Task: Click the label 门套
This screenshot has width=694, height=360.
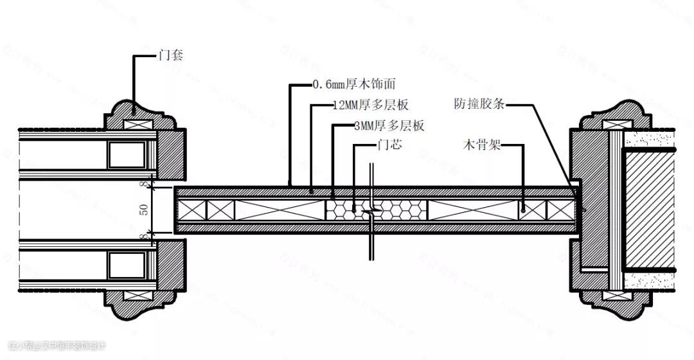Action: [171, 55]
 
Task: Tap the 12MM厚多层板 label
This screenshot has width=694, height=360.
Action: [371, 104]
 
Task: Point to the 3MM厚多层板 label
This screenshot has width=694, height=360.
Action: [389, 126]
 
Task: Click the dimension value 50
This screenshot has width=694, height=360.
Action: [145, 210]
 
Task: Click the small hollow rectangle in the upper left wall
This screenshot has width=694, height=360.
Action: [120, 154]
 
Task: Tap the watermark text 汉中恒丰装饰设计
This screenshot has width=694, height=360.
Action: [73, 346]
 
